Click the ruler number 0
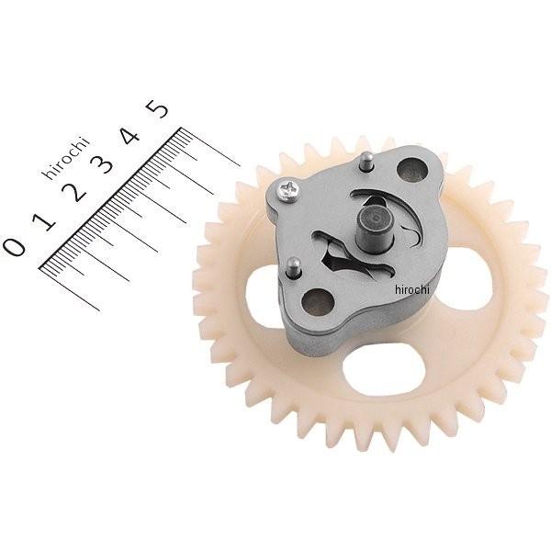[14, 246]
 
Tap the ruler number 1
[44, 220]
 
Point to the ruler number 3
[103, 164]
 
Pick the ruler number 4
[130, 138]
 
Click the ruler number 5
[157, 108]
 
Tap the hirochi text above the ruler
[66, 157]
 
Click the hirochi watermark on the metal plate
[412, 289]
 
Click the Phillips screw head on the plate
[288, 192]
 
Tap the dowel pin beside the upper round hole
[367, 161]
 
